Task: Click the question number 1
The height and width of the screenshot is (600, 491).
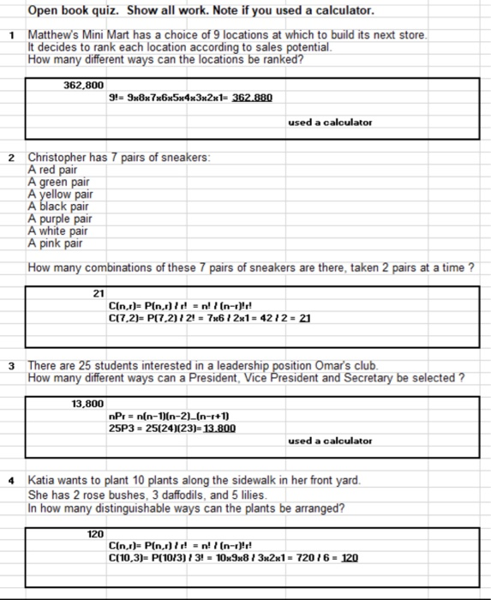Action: [x=11, y=34]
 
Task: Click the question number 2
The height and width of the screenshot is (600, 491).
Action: [x=11, y=158]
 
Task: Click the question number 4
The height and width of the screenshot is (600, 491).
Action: [x=11, y=480]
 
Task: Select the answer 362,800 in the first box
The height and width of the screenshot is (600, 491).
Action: [x=83, y=86]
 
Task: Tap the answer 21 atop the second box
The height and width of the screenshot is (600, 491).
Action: [x=97, y=293]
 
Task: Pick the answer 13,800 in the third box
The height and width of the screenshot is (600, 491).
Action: [x=87, y=403]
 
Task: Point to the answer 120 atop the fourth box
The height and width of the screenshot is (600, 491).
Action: [x=94, y=533]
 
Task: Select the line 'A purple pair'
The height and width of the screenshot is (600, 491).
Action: [x=63, y=218]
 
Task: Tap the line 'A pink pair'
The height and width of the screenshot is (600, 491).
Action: [x=57, y=243]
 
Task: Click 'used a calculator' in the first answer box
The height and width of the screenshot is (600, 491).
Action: [x=330, y=123]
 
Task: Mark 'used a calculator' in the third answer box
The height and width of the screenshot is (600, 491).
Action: [x=330, y=441]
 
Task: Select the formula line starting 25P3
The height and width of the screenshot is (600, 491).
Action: [x=167, y=428]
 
